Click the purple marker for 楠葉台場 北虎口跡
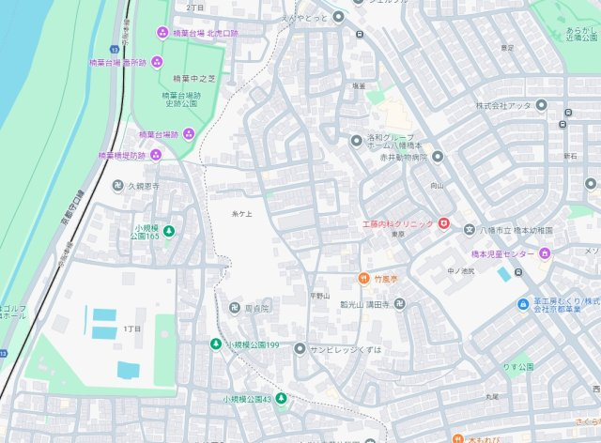click(162, 33)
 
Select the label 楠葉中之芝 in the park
click(181, 79)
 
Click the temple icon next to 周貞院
click(234, 308)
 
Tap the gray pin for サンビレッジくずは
click(300, 348)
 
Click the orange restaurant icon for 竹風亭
click(363, 278)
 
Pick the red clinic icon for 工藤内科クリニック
click(443, 224)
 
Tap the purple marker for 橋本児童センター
click(545, 252)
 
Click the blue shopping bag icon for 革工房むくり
click(523, 303)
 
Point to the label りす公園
click(516, 366)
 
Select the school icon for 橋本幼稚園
click(470, 229)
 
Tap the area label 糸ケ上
click(242, 215)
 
